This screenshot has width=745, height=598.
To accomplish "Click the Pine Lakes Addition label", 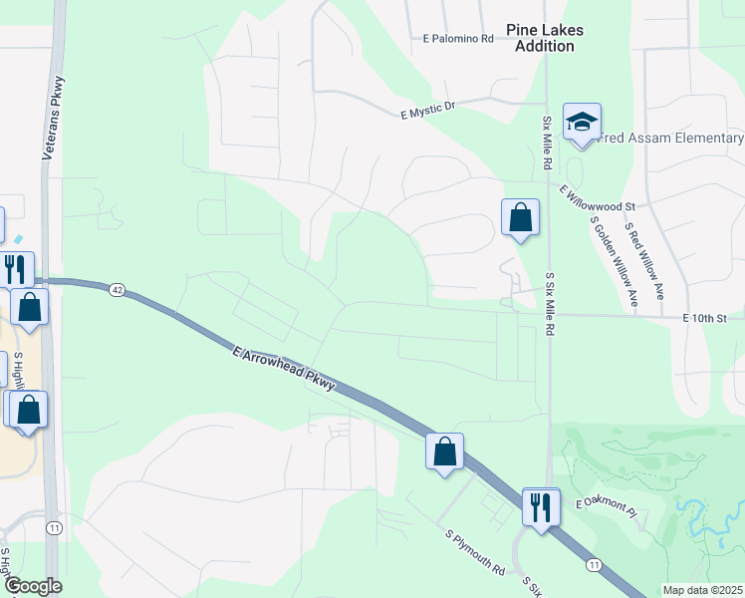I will pyautogui.click(x=544, y=38).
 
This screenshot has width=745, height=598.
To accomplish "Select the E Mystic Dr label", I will pyautogui.click(x=427, y=109).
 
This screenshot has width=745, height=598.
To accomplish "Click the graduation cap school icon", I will pyautogui.click(x=581, y=123).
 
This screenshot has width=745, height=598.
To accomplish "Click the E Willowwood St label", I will pyautogui.click(x=597, y=197).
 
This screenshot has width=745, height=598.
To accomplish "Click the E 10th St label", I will pyautogui.click(x=705, y=318).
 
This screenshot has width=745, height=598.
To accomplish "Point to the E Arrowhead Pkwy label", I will pyautogui.click(x=283, y=371).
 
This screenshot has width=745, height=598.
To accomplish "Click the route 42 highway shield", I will pyautogui.click(x=118, y=289).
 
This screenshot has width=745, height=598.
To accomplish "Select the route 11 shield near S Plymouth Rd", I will pyautogui.click(x=594, y=564).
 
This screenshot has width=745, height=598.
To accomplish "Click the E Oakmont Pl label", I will pyautogui.click(x=605, y=509).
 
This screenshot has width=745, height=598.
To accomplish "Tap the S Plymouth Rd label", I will pyautogui.click(x=475, y=555).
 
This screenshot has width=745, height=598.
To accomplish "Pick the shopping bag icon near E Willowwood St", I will pyautogui.click(x=520, y=217).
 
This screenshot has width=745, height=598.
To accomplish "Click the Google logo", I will pyautogui.click(x=33, y=587).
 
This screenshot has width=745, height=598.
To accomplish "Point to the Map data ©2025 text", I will pyautogui.click(x=702, y=590).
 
